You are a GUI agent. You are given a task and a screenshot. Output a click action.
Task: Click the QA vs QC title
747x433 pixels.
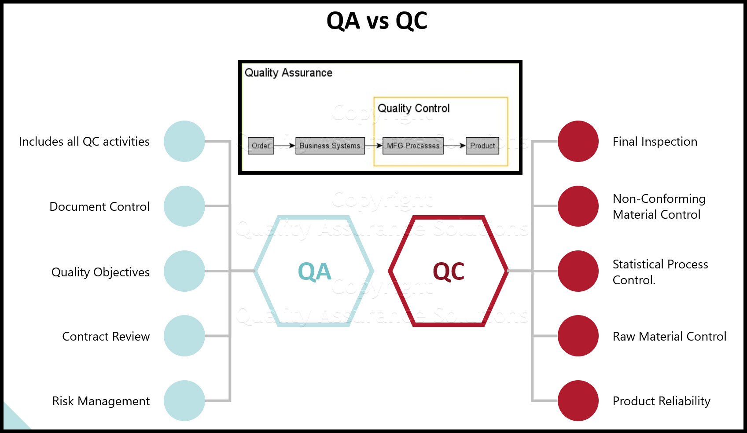377,21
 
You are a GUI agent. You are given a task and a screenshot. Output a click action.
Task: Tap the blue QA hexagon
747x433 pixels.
314,271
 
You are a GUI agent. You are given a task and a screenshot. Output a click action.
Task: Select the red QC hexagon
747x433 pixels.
448,271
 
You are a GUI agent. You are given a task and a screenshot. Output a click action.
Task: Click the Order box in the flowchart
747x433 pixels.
261,146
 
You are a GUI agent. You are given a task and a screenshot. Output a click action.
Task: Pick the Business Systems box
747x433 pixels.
330,146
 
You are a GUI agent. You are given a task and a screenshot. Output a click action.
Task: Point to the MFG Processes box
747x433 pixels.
413,146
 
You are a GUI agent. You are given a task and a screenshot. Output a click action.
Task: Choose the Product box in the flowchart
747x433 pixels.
482,146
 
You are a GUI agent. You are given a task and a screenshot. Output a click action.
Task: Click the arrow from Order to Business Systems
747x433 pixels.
284,146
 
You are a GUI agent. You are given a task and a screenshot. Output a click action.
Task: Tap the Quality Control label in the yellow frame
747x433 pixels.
414,108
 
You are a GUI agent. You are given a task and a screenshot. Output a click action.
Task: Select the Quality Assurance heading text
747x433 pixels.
288,73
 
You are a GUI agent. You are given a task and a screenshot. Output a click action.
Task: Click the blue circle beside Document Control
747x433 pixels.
184,206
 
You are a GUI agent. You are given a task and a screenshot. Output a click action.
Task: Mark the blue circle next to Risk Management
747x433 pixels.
184,400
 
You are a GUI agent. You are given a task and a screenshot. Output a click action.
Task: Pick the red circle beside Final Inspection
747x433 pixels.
578,141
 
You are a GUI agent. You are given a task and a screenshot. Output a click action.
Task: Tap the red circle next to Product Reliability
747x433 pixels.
578,400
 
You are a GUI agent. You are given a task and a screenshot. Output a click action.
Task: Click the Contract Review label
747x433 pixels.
106,336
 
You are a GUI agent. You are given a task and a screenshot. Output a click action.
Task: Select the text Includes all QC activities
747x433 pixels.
84,141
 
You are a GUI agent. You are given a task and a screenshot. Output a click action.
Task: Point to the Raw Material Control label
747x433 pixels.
670,336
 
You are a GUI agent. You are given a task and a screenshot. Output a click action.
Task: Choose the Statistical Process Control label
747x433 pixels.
660,272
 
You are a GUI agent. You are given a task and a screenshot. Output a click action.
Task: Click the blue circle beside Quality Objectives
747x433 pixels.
184,271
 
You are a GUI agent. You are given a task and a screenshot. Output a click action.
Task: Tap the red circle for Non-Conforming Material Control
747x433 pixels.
578,206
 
